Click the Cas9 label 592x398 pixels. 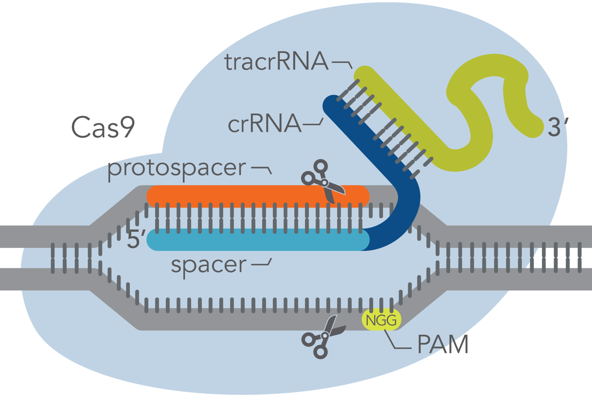click(103, 127)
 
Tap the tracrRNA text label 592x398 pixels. click(276, 62)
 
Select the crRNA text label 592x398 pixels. click(264, 124)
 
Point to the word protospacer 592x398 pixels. click(176, 168)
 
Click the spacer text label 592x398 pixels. click(208, 265)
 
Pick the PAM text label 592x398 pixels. click(443, 345)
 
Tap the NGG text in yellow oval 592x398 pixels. click(381, 320)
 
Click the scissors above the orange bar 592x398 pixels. click(322, 180)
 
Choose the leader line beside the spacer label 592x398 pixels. click(262, 264)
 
